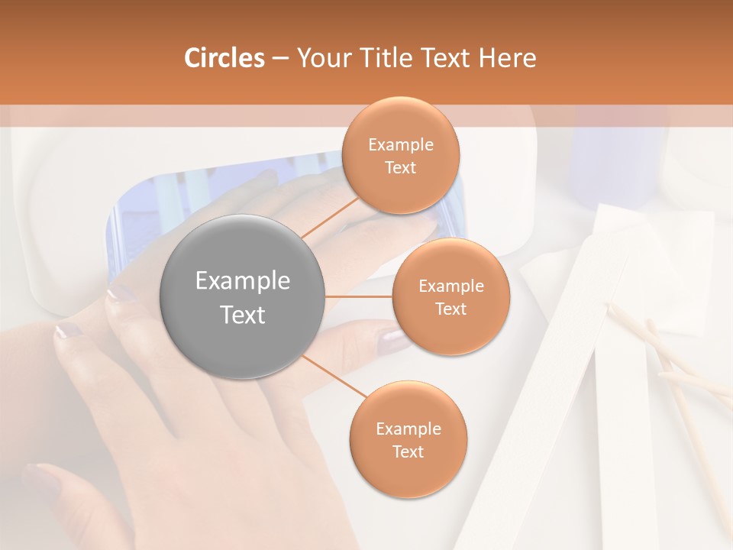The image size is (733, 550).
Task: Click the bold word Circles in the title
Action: pyautogui.click(x=224, y=58)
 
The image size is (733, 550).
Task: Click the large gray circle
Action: pyautogui.click(x=243, y=297)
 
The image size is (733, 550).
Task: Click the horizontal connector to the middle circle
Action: pyautogui.click(x=359, y=296)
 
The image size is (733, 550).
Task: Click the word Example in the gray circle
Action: pyautogui.click(x=243, y=281)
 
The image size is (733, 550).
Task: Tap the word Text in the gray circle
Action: pyautogui.click(x=243, y=315)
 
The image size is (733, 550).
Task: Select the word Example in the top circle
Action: pyautogui.click(x=400, y=145)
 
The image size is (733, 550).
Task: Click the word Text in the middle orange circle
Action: pyautogui.click(x=450, y=309)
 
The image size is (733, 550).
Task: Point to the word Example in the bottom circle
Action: pyautogui.click(x=408, y=429)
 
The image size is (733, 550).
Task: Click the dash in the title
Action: pyautogui.click(x=280, y=58)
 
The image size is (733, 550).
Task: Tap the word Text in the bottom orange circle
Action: pyautogui.click(x=408, y=452)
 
